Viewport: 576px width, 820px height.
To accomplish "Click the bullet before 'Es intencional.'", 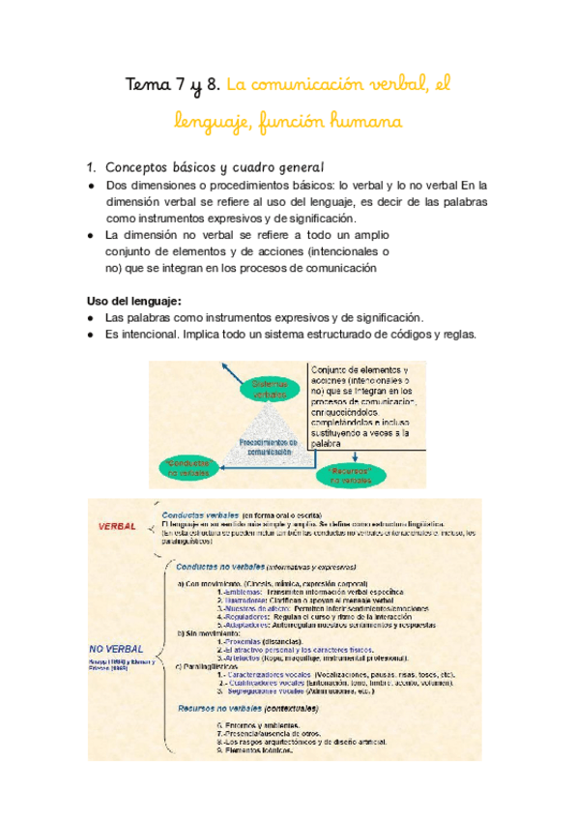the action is click(89, 335).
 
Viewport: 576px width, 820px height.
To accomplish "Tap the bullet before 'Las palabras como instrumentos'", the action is click(89, 317).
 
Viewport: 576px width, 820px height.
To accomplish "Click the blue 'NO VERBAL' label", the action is click(116, 648).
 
